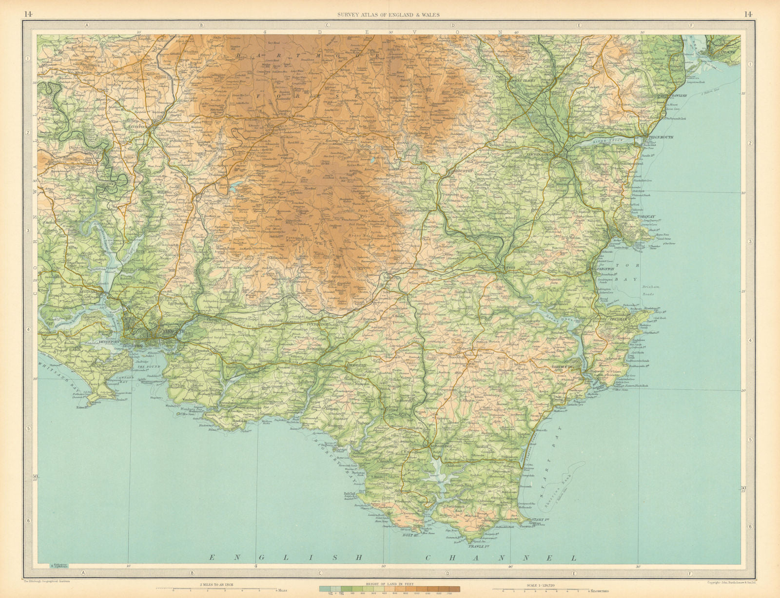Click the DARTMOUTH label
[565, 367]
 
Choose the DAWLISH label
[678, 96]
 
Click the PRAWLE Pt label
[478, 546]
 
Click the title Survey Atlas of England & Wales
[389, 15]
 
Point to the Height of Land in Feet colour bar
[389, 589]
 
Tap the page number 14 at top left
[28, 14]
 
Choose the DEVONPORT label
[113, 342]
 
